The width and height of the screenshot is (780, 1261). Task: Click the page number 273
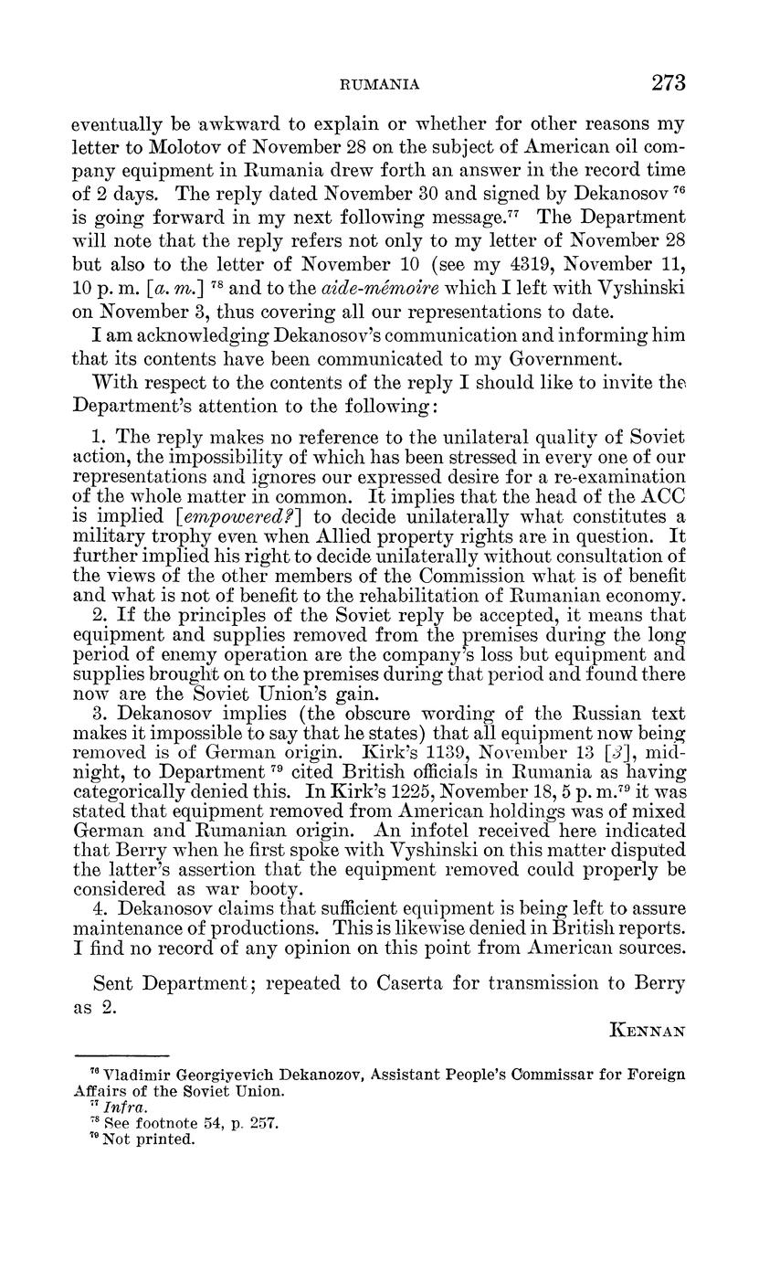point(668,83)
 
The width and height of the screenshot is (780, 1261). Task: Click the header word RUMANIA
point(379,85)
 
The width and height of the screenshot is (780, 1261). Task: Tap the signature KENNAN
point(647,1029)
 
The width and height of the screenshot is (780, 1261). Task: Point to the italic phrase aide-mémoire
point(357,289)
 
